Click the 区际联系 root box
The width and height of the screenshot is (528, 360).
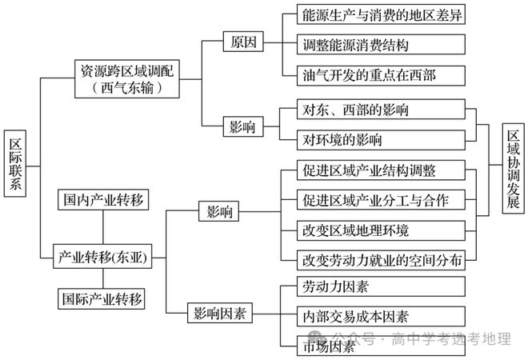click(x=15, y=164)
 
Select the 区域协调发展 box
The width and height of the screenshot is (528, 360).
click(x=513, y=168)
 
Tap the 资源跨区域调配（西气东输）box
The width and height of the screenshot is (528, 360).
click(x=127, y=79)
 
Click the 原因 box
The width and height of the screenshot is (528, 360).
click(x=243, y=42)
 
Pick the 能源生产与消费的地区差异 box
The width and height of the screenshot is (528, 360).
click(x=381, y=14)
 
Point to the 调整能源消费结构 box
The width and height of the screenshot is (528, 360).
click(x=381, y=45)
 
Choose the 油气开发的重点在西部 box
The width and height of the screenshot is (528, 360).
click(x=381, y=75)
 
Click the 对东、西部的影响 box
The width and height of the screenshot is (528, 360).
click(x=381, y=109)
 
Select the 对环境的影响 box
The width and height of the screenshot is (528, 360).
click(x=381, y=140)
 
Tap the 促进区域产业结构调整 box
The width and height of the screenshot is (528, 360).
click(x=381, y=170)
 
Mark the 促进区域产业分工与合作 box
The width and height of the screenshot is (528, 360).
click(x=381, y=200)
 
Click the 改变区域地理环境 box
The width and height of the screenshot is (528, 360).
click(x=381, y=230)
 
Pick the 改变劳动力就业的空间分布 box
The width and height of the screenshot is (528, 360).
click(x=381, y=260)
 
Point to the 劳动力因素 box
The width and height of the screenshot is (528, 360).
click(x=381, y=286)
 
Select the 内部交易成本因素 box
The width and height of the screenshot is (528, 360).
click(x=381, y=316)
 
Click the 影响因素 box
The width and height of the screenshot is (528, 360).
click(x=220, y=313)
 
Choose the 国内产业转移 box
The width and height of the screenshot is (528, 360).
click(x=103, y=200)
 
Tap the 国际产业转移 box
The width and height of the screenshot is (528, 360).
click(x=102, y=298)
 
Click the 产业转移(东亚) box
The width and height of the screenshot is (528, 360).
click(x=102, y=257)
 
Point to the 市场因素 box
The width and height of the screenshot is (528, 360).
click(x=381, y=346)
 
